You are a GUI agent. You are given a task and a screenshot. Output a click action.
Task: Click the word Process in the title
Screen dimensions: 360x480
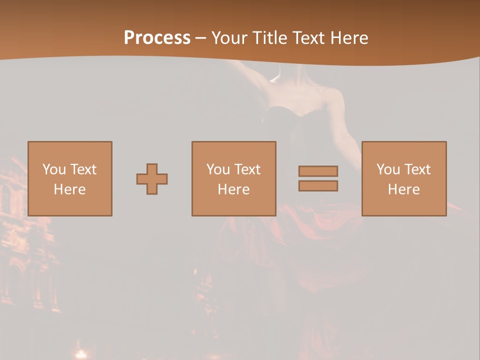click(157, 37)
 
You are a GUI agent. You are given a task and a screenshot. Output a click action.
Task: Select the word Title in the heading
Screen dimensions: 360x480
click(270, 38)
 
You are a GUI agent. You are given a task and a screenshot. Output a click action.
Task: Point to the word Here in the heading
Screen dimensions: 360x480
click(348, 38)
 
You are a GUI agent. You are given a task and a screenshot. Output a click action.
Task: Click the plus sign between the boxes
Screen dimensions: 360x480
click(152, 179)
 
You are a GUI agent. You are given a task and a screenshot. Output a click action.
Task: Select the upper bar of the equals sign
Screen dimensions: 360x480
click(318, 171)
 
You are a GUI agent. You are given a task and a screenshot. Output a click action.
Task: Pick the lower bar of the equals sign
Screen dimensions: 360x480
click(318, 186)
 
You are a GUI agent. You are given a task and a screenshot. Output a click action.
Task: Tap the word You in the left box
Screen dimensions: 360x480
click(54, 169)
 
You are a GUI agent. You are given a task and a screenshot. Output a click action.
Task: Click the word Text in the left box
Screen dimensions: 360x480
click(82, 169)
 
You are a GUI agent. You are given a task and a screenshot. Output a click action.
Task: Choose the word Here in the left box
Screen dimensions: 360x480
click(69, 189)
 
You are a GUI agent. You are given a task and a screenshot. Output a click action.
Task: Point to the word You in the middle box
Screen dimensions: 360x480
click(218, 169)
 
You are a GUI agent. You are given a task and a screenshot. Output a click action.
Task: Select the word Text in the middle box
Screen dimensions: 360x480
click(246, 169)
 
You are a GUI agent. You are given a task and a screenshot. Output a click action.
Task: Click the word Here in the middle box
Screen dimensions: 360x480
click(233, 189)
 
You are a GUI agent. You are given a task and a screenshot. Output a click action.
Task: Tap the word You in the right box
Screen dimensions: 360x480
click(388, 169)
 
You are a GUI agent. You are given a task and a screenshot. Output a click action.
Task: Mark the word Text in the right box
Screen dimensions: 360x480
click(416, 169)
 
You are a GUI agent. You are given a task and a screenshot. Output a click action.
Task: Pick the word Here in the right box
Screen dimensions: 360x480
click(403, 189)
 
